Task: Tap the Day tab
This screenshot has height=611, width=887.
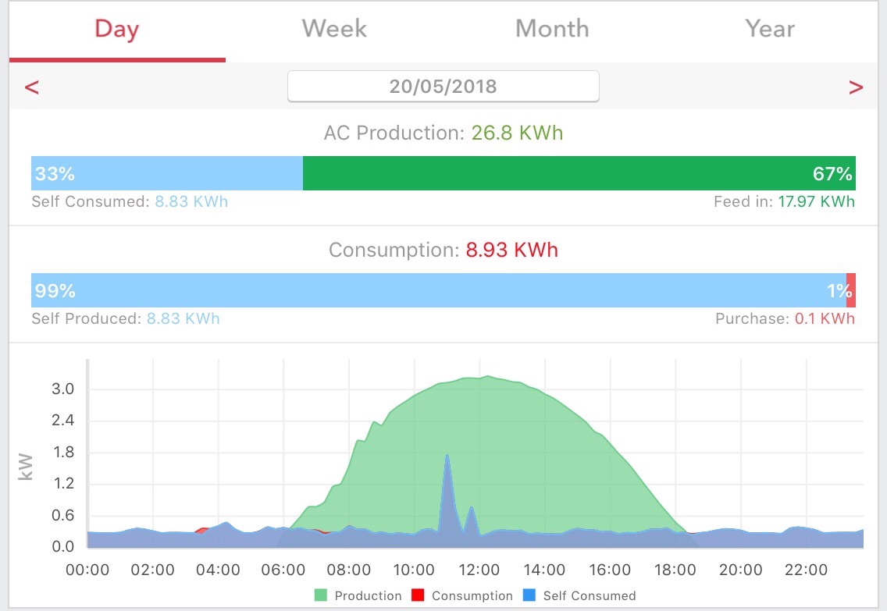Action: click(117, 30)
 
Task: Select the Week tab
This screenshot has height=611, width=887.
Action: click(334, 28)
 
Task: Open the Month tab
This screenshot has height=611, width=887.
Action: click(552, 28)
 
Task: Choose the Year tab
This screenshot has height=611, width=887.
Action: click(770, 28)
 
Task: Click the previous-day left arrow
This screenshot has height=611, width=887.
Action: click(32, 87)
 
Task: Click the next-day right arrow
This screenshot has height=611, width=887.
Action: click(856, 87)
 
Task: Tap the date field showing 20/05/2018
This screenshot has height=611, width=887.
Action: click(443, 87)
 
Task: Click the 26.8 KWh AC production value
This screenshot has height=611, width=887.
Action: click(517, 133)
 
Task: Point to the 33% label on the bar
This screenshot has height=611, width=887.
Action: click(55, 173)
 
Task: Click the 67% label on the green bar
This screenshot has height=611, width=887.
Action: click(832, 173)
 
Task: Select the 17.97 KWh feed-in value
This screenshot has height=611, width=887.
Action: click(816, 202)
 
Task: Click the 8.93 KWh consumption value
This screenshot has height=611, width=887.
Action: click(512, 250)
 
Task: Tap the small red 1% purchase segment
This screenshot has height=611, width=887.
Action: click(851, 290)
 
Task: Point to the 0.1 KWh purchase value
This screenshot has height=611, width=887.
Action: click(825, 319)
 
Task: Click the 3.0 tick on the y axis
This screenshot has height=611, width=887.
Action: click(62, 389)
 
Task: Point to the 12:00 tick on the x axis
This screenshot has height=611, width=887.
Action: click(479, 570)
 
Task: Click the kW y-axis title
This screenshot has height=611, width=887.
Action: click(26, 467)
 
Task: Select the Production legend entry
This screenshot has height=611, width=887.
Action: click(358, 595)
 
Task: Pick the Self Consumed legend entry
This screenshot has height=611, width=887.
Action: click(579, 595)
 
